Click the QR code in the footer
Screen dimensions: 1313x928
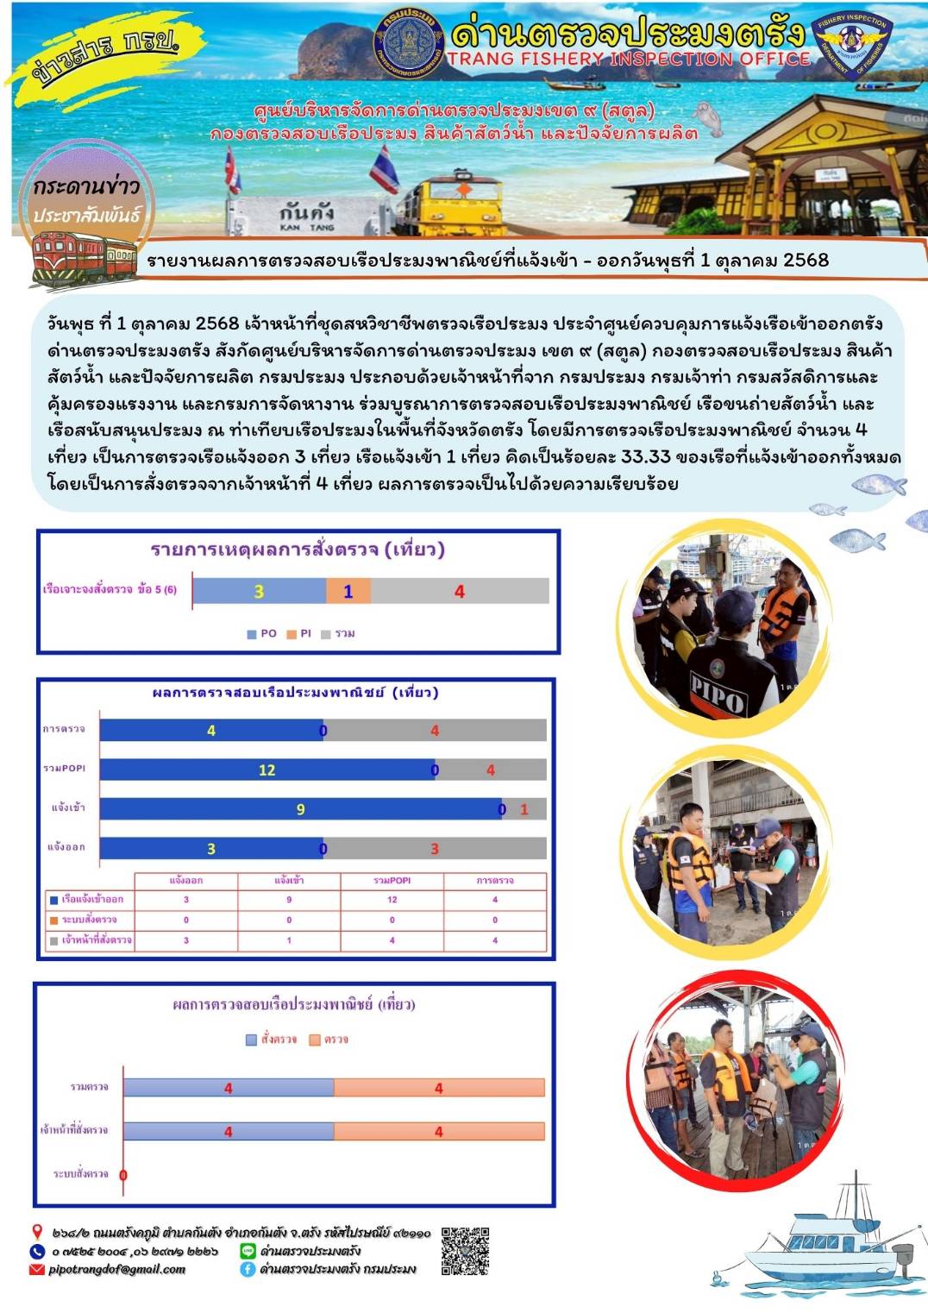[465, 1251]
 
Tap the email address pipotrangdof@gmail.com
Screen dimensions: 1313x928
[116, 1269]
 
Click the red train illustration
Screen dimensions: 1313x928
[84, 258]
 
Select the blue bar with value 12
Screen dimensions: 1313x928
[267, 770]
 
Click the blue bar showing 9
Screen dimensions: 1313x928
[300, 808]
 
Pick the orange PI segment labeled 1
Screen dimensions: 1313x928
[348, 591]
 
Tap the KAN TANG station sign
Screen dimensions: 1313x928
[305, 217]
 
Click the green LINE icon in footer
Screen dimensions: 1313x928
[248, 1251]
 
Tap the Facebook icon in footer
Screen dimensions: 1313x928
[248, 1269]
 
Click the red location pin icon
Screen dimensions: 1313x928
[37, 1232]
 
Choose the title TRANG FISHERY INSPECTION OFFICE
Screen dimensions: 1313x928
[628, 59]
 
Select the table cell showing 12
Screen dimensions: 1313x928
[392, 900]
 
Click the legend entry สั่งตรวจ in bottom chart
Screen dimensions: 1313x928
[271, 1040]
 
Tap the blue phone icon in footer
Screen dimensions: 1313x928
[37, 1251]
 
